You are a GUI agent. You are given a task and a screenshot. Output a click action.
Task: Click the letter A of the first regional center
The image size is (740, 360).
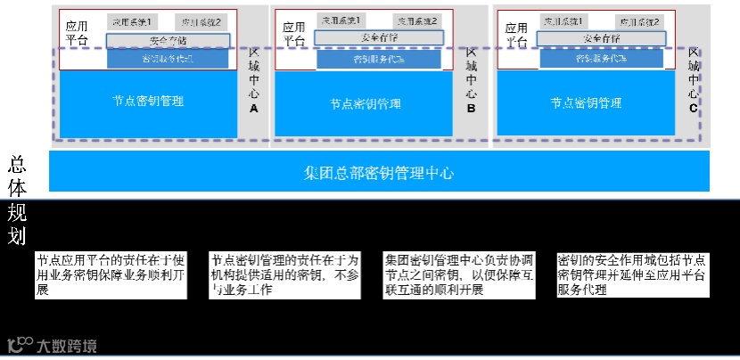253,108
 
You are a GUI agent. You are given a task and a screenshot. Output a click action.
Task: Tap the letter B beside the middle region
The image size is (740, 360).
472,109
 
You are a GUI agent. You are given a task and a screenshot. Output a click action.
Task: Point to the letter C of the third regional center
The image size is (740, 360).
694,108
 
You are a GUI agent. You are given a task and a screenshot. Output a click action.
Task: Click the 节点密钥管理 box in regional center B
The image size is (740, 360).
365,103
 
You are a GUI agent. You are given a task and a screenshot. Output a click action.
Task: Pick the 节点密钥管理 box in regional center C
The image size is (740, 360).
586,102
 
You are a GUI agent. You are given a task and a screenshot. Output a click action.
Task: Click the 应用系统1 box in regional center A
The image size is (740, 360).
129,20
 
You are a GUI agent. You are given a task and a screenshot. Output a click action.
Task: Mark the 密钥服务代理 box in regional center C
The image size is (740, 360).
598,59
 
